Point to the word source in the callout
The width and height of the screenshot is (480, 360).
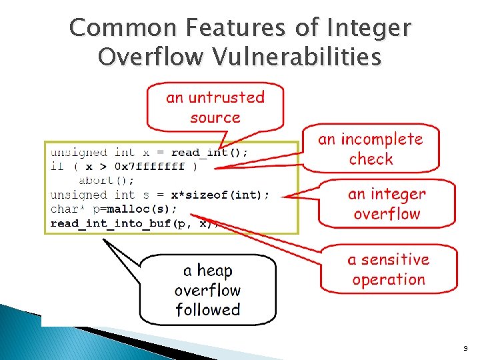(215, 117)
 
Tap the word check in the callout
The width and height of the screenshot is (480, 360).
(371, 159)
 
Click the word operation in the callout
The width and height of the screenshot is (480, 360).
(389, 279)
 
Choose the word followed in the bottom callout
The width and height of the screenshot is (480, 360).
(207, 309)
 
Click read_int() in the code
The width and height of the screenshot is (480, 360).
(209, 153)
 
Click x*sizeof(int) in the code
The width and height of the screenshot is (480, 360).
(220, 195)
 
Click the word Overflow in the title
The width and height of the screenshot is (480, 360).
(151, 57)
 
